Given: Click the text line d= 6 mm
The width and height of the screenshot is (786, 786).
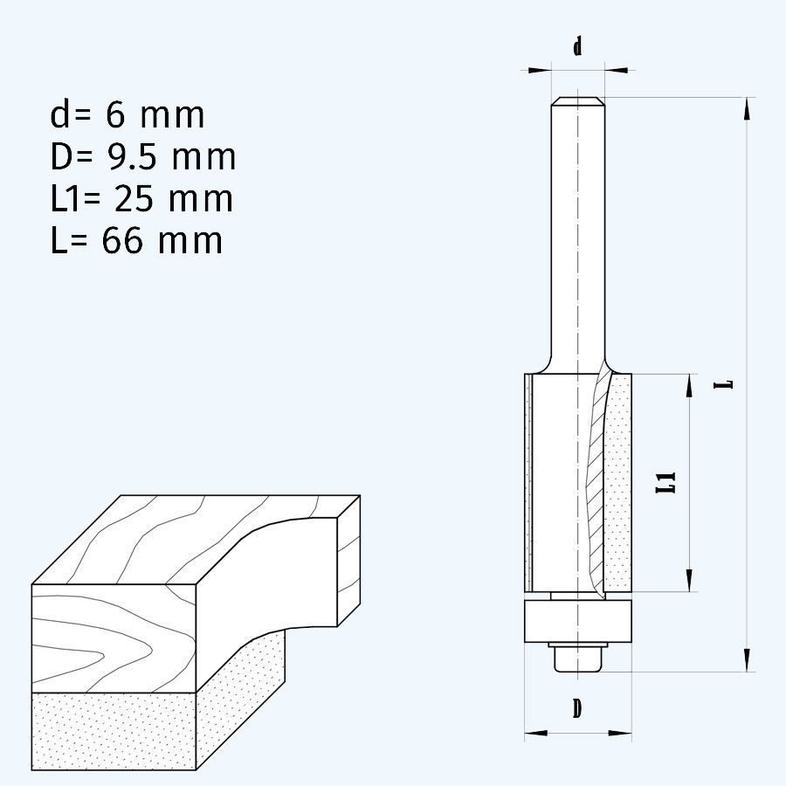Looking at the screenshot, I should click(128, 115).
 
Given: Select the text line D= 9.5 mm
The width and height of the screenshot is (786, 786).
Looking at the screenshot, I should click(143, 157).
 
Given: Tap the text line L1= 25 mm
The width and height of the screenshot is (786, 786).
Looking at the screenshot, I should click(141, 199).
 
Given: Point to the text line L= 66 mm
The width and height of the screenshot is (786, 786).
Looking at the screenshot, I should click(136, 241).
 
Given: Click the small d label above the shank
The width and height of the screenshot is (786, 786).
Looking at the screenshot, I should click(577, 47).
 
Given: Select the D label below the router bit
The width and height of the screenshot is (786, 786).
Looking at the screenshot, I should click(577, 709).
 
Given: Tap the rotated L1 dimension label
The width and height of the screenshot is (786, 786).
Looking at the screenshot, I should click(666, 482).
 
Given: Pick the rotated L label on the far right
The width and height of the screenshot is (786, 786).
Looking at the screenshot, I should click(723, 384).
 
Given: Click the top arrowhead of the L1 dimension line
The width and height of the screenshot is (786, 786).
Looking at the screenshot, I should click(690, 385).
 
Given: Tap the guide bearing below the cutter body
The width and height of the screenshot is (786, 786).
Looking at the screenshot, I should click(577, 621).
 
